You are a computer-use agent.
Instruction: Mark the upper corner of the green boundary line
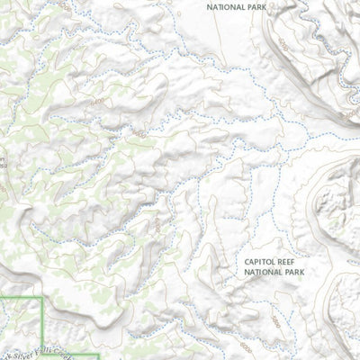coord(41,296)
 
